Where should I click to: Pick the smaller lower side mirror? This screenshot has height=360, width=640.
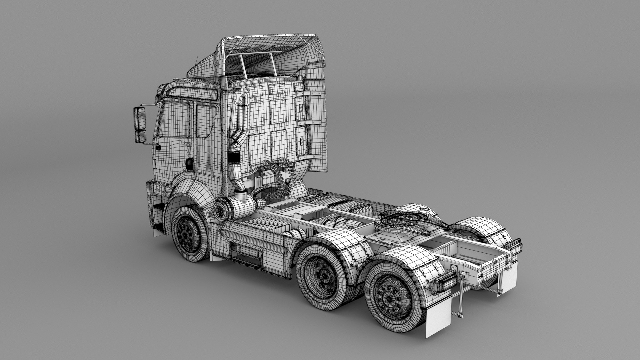click(140, 136)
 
